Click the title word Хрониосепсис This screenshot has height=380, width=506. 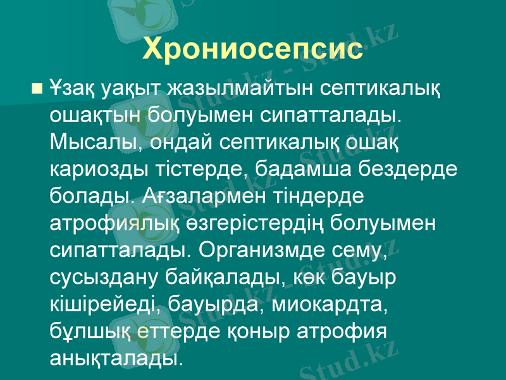point(253,49)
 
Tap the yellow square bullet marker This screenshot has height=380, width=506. point(37,85)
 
